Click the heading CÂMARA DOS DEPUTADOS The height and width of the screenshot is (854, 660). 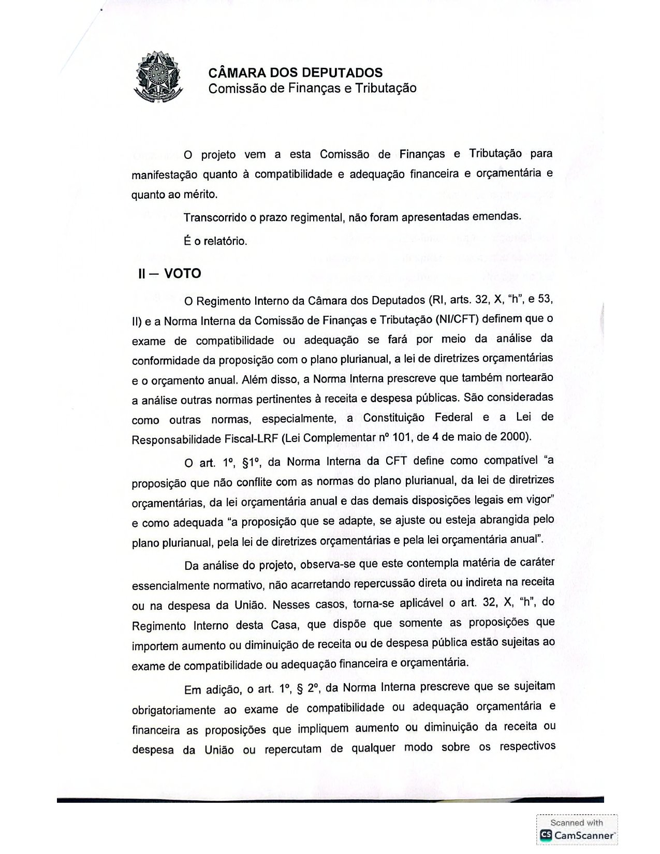(295, 72)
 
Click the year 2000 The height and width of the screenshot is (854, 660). (514, 436)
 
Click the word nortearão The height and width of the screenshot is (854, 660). (524, 378)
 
